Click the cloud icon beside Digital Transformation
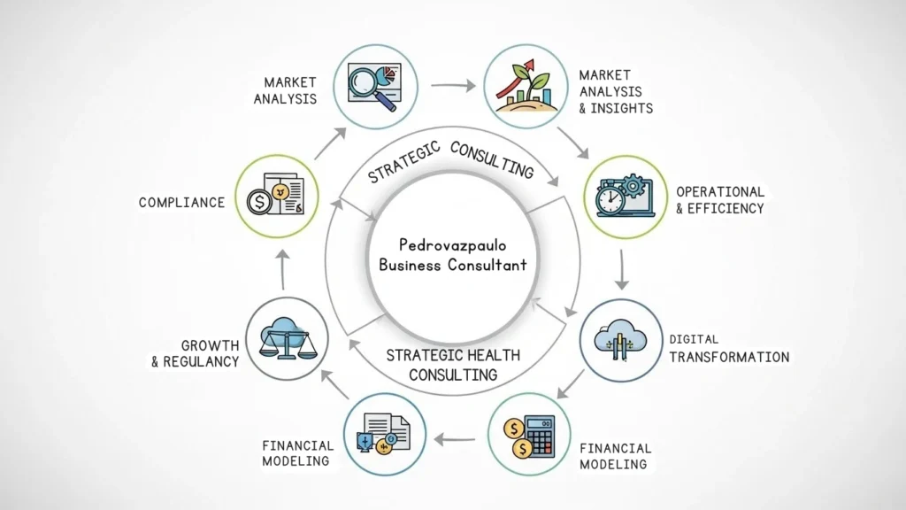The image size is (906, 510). click(620, 340)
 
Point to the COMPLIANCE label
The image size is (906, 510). click(181, 203)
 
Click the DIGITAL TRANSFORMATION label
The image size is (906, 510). click(728, 349)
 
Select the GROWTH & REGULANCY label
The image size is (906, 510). click(196, 353)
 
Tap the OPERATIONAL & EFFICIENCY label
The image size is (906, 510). click(719, 200)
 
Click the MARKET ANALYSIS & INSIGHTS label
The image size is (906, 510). click(616, 91)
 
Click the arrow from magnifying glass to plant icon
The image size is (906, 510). click(451, 86)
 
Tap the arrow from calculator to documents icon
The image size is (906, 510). click(457, 437)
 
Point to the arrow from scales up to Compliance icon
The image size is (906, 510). click(282, 269)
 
